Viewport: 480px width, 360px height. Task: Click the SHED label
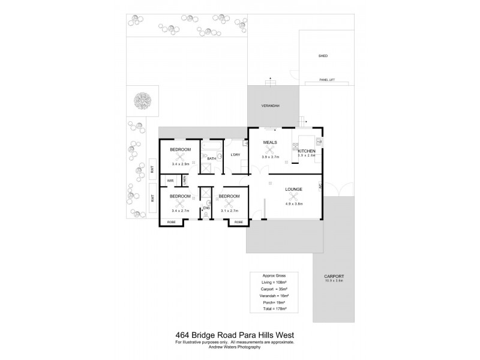[323, 56]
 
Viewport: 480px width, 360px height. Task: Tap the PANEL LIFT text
[328, 79]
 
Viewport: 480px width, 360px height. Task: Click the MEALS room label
[270, 142]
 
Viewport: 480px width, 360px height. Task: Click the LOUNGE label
[294, 189]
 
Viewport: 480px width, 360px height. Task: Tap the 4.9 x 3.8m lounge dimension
[294, 204]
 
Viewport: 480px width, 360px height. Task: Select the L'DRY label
[235, 155]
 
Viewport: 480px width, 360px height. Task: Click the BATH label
[212, 158]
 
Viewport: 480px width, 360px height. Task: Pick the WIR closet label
[170, 180]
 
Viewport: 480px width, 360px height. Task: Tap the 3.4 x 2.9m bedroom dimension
[180, 163]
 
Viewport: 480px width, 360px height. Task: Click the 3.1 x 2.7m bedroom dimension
[230, 211]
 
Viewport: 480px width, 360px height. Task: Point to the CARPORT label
[335, 276]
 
